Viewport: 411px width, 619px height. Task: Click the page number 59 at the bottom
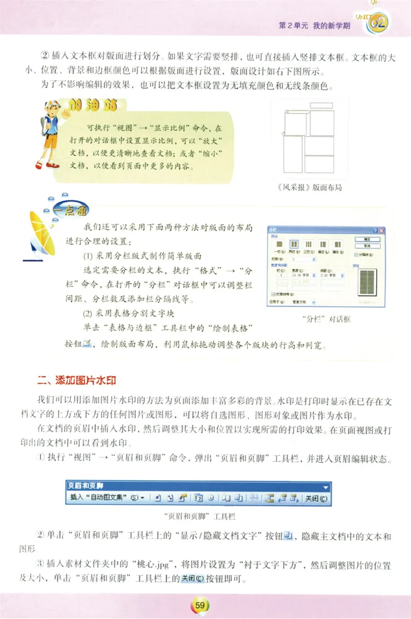[x=200, y=606]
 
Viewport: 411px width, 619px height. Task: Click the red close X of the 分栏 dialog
[x=382, y=232]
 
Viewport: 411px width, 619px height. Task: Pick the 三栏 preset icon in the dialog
[x=309, y=245]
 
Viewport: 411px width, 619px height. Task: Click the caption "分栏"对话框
[x=325, y=319]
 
